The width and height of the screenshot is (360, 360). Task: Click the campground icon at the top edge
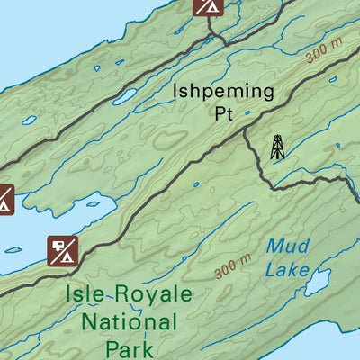click(x=209, y=6)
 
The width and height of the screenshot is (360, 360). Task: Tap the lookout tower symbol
click(x=277, y=147)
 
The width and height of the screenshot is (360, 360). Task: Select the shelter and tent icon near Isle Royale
click(x=65, y=250)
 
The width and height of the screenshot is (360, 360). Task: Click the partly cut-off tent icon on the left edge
click(x=4, y=199)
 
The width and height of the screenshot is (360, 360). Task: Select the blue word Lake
click(x=288, y=269)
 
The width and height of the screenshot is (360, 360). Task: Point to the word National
click(x=128, y=321)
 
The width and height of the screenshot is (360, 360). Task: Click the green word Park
click(x=129, y=347)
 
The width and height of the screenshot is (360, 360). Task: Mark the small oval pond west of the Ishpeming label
click(x=124, y=94)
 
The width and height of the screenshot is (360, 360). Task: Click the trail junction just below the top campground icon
click(x=212, y=38)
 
